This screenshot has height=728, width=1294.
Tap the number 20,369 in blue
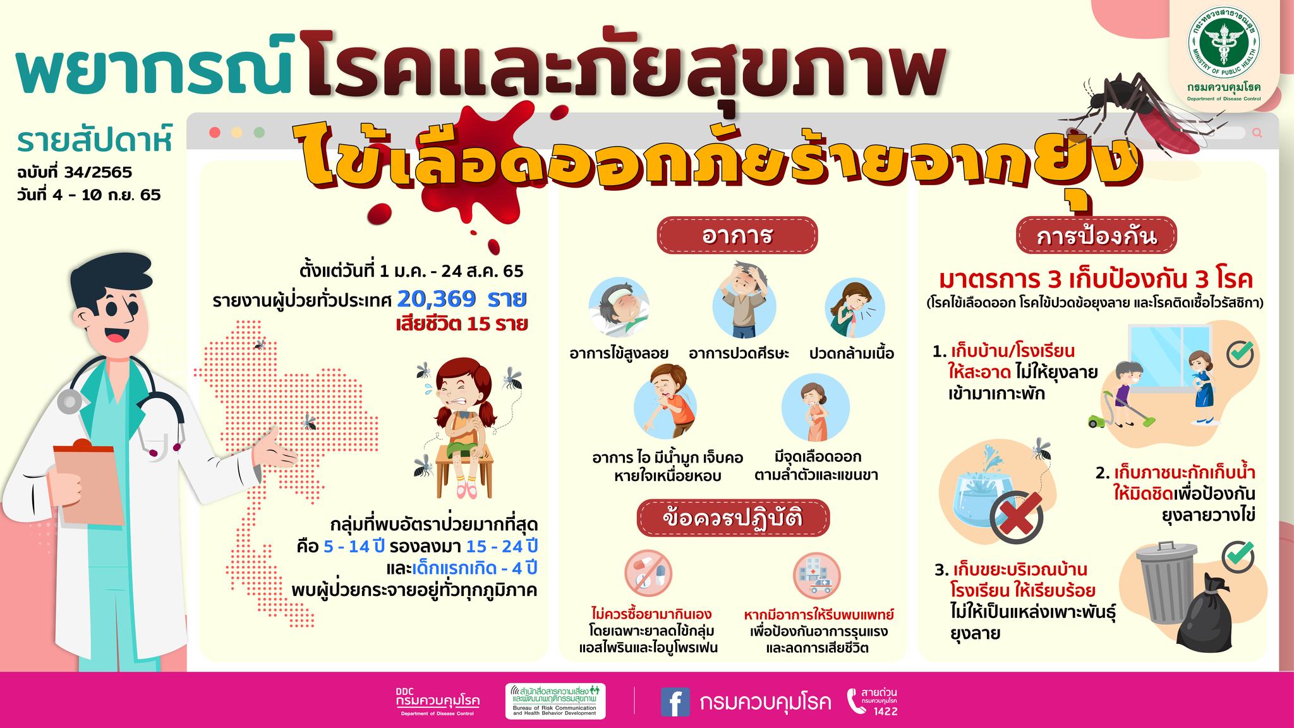[x=437, y=298]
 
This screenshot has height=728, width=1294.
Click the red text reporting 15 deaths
[x=461, y=325]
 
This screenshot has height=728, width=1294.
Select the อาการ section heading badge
[x=737, y=235]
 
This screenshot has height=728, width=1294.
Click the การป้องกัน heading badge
[x=1096, y=235]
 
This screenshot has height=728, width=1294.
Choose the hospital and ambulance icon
[x=817, y=574]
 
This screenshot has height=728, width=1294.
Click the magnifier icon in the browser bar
[x=1257, y=133]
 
